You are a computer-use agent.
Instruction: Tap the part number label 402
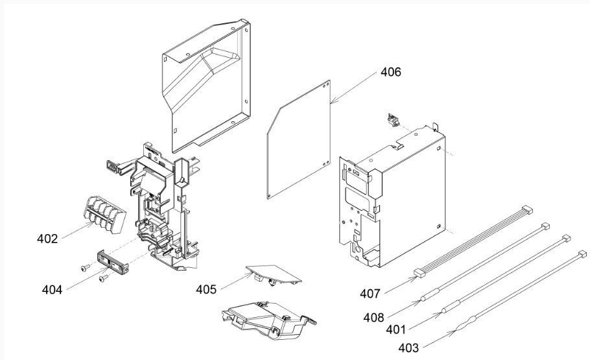tap(47, 239)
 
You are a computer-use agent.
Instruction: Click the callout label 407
tap(370, 294)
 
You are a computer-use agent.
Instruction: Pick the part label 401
tap(397, 330)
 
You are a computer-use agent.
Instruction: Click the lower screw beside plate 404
tap(102, 279)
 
